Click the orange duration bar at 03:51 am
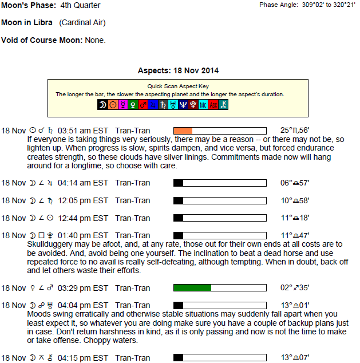click(183, 131)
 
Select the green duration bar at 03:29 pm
click(192, 287)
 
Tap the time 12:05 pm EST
click(83, 200)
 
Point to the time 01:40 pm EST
click(83, 235)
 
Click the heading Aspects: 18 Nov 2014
click(178, 70)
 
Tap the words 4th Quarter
click(80, 5)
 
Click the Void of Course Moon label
click(42, 40)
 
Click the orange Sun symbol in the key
click(113, 105)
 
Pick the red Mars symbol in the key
click(143, 105)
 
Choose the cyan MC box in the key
click(203, 105)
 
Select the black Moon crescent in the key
click(102, 105)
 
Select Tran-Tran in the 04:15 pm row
click(133, 358)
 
